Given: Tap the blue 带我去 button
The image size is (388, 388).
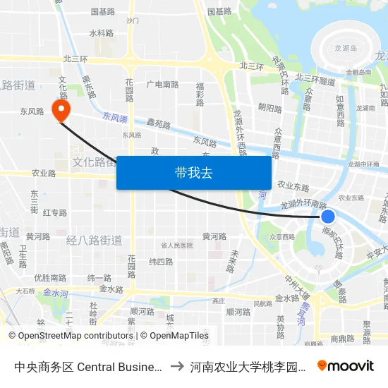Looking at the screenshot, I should point(193,172).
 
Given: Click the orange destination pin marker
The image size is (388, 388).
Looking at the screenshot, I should point(61,108).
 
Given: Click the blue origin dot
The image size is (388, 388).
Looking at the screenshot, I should point(327,216).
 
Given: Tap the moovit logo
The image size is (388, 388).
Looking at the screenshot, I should point(346,365).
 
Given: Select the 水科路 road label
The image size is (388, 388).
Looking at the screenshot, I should point(101,33).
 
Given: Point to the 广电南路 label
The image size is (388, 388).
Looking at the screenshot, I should point(162,84).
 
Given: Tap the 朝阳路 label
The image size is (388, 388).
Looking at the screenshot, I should point(269,109).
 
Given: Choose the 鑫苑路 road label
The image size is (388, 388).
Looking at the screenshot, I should point(159,124).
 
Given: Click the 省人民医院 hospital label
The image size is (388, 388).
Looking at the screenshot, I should point(176,245).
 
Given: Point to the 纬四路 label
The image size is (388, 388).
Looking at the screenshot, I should point(161,261).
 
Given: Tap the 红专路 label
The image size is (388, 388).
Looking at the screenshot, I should point(55,212).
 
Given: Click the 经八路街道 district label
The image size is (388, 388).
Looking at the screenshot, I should point(94,240).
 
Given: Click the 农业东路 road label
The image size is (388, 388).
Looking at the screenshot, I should point(293,186).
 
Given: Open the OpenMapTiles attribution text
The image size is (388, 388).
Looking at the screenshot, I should point(174,336).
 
